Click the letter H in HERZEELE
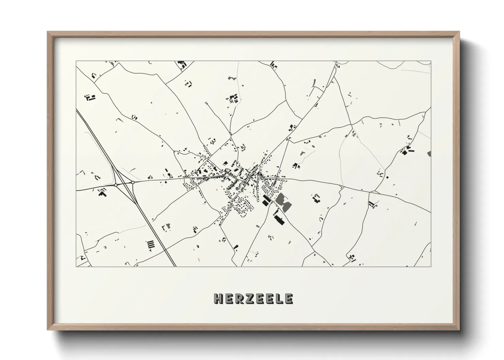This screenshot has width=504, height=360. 218,299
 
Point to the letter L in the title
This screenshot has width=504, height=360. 280,299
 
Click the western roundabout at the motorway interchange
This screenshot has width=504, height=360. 116,185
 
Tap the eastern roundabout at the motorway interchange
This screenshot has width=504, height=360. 133,182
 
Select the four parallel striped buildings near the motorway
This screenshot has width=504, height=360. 150,244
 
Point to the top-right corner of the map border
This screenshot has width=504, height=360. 431,61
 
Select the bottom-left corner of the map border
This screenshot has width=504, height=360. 76,266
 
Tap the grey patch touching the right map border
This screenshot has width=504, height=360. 429,153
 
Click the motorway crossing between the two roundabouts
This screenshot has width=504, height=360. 125,184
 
